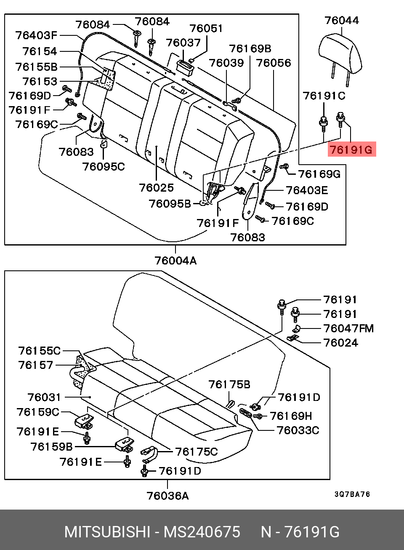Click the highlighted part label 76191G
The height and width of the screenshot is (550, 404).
point(352,149)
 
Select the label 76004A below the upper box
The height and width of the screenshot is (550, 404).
point(175,261)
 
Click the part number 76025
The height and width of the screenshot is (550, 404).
point(157,188)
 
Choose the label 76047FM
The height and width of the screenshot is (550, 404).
point(348,328)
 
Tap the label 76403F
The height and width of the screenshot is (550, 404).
point(36,35)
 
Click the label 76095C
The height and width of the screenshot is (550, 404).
point(104,167)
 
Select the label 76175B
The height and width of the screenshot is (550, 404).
point(229,384)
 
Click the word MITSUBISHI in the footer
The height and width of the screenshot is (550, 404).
point(107,532)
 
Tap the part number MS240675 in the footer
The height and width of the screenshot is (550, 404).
point(202,532)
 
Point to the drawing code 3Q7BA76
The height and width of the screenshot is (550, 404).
point(352,494)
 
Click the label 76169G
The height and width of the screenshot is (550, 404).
point(319,174)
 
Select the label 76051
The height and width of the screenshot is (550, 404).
point(206,28)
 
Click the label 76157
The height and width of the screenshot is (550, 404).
point(36,365)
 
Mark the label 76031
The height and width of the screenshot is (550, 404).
point(44,397)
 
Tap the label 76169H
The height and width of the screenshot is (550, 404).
point(291,416)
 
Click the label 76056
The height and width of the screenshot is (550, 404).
point(274,63)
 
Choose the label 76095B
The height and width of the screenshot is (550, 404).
point(170,203)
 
